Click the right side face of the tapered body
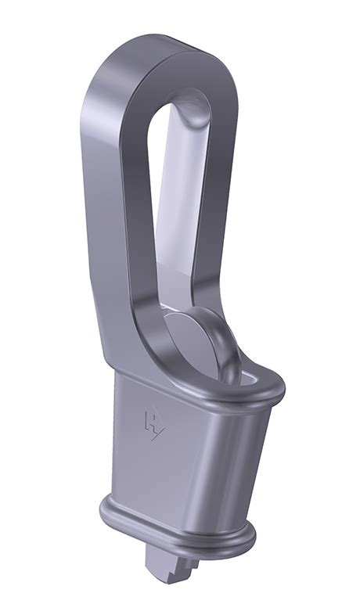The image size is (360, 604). (x=247, y=462)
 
